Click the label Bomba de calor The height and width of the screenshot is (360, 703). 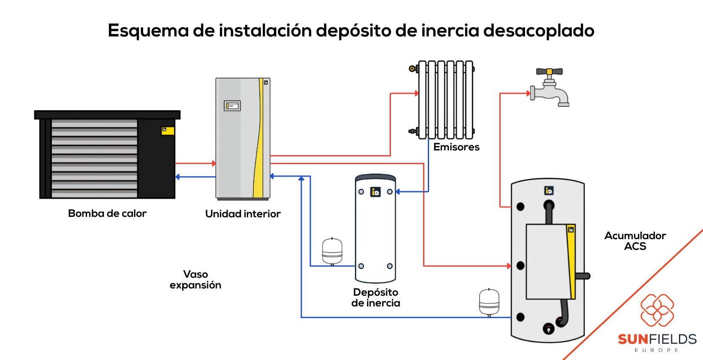[107, 213]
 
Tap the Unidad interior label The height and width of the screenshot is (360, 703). [243, 213]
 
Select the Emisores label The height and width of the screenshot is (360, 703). [456, 147]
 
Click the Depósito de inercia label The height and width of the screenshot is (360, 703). [376, 297]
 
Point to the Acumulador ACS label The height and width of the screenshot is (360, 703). [635, 241]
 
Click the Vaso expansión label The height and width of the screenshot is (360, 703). [195, 279]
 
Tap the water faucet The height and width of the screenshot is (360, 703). [550, 87]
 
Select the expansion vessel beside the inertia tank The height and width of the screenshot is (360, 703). [332, 251]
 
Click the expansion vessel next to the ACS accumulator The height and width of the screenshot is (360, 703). [489, 302]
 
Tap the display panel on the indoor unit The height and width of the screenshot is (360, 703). [232, 105]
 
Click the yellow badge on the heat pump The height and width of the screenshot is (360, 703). [168, 130]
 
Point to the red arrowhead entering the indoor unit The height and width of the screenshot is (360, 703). [213, 163]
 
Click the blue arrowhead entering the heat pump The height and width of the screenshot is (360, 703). [178, 177]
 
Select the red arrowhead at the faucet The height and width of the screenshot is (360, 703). [528, 93]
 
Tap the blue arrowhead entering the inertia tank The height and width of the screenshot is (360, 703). [398, 192]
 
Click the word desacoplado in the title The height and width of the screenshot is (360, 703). [538, 30]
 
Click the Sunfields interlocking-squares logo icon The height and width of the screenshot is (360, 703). [657, 310]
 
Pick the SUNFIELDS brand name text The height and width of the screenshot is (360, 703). [657, 339]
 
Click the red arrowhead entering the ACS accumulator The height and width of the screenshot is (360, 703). [509, 266]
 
